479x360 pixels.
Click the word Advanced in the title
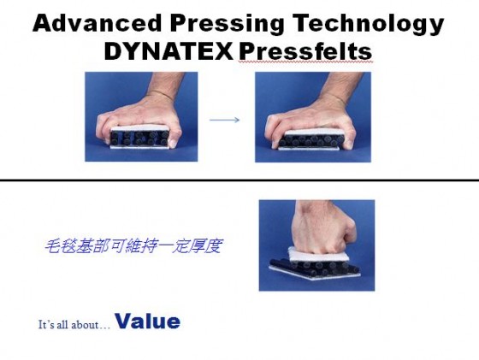97,23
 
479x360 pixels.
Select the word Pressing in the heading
227,24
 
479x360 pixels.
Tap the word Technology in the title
368,24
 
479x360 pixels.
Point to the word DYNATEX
169,51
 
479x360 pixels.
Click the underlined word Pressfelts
305,51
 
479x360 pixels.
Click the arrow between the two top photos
224,120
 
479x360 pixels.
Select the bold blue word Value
147,322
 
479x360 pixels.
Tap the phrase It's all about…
74,324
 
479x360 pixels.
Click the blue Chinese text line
133,246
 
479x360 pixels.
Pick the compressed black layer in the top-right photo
311,140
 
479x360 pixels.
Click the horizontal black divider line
239,180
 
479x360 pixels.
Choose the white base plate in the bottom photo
315,274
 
